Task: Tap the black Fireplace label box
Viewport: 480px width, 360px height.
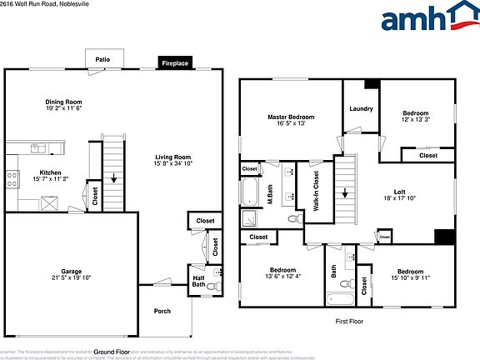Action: click(x=175, y=63)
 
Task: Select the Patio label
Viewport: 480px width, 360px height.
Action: click(x=102, y=60)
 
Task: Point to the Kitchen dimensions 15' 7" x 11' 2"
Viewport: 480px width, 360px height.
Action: click(x=51, y=179)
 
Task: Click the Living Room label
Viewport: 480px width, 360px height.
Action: click(x=172, y=157)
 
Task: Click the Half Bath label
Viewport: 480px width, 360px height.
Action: click(x=197, y=281)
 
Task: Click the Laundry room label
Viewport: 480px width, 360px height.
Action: click(x=361, y=108)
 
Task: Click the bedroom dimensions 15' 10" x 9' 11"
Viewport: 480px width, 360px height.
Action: click(x=410, y=277)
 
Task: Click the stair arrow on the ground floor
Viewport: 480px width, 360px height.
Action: click(x=113, y=177)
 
